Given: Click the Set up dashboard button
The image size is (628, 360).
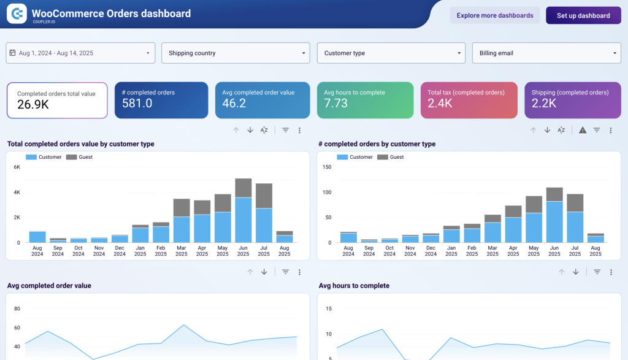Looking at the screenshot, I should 583,15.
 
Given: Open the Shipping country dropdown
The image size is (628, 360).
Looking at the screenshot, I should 235,53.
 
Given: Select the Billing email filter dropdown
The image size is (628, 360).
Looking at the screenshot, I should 546,53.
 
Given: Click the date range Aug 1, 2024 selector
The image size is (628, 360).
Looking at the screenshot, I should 80,53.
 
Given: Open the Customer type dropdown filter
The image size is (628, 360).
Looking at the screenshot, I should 391,53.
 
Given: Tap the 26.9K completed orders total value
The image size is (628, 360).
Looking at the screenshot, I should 33,105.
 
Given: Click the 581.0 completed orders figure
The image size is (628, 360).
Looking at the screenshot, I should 137,104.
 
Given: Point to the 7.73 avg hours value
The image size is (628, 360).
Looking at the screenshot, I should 336,104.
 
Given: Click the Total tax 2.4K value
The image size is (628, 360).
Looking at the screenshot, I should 440,104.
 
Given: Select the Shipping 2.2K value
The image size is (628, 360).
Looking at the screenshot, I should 544,104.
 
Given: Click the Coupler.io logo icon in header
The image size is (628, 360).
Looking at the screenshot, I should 17,13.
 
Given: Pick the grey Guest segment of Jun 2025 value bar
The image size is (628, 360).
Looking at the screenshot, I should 243,188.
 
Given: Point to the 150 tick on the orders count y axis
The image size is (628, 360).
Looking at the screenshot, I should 327,167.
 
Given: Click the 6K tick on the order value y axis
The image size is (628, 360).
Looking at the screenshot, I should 17,167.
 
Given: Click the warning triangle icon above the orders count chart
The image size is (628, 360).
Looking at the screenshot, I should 582,130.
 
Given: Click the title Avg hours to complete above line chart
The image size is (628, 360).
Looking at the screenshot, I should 354,286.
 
